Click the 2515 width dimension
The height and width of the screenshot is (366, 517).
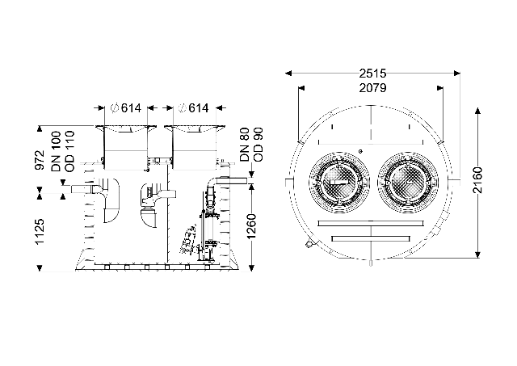(x=372, y=74)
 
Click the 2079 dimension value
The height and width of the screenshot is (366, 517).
(x=372, y=88)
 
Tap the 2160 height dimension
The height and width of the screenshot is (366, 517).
(x=477, y=180)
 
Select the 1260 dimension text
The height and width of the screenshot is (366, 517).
(x=251, y=226)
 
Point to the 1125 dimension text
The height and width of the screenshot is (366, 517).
(x=40, y=231)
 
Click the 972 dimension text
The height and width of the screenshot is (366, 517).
(x=40, y=160)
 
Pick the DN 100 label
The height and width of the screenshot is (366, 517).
(x=56, y=151)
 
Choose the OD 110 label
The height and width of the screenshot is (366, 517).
(x=70, y=151)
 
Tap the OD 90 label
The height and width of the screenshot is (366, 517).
(x=258, y=145)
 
